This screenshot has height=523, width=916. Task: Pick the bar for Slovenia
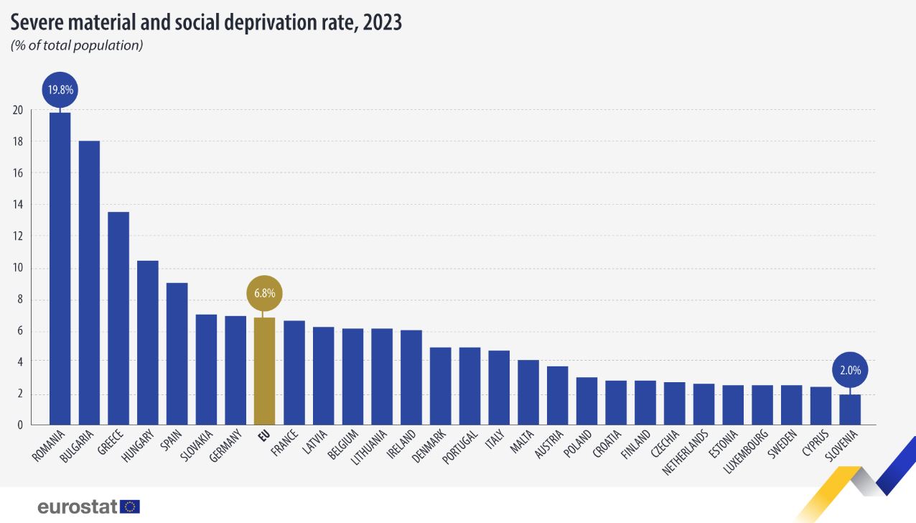850,409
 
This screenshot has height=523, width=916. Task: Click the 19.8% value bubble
60,91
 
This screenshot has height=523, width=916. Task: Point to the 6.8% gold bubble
265,293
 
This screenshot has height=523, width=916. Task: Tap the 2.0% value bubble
850,371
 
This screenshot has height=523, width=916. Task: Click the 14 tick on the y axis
17,205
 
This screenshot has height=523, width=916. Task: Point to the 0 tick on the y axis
20,425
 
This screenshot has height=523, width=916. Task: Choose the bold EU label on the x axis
262,434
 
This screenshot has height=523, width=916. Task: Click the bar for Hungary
148,343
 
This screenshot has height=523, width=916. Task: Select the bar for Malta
528,392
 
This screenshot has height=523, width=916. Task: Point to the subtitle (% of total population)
77,46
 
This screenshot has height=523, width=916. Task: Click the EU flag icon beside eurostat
130,506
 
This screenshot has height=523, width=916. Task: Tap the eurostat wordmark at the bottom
77,506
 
